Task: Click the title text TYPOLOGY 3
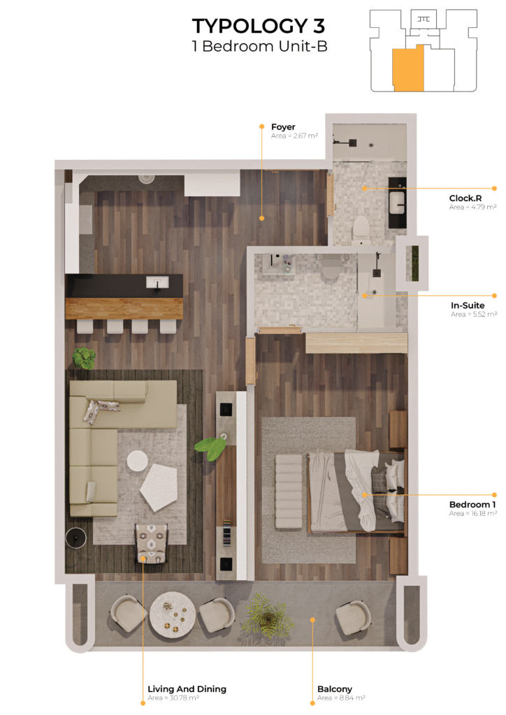pyautogui.click(x=259, y=26)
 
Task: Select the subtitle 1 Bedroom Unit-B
pyautogui.click(x=259, y=46)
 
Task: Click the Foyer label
pyautogui.click(x=283, y=127)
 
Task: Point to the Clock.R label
pyautogui.click(x=465, y=198)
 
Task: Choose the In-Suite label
pyautogui.click(x=468, y=305)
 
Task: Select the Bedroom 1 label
pyautogui.click(x=472, y=504)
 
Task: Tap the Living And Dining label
pyautogui.click(x=187, y=688)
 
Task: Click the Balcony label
pyautogui.click(x=335, y=688)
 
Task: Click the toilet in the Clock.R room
pyautogui.click(x=361, y=228)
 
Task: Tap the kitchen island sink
pyautogui.click(x=157, y=283)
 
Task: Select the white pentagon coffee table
pyautogui.click(x=159, y=487)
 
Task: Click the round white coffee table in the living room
pyautogui.click(x=137, y=461)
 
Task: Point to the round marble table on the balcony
pyautogui.click(x=173, y=614)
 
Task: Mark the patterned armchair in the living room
pyautogui.click(x=152, y=543)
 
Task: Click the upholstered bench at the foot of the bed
pyautogui.click(x=289, y=491)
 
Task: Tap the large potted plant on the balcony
pyautogui.click(x=266, y=619)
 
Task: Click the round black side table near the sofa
pyautogui.click(x=75, y=537)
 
